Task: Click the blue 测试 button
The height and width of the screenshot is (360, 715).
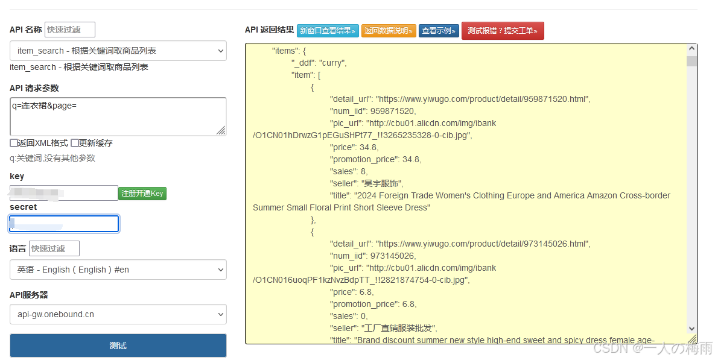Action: point(118,346)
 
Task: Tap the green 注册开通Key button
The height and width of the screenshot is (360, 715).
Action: point(142,194)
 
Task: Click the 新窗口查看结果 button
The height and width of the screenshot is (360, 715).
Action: point(328,31)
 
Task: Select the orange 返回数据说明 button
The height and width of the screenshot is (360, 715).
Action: point(389,31)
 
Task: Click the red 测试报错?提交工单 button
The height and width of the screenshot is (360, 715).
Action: point(502,31)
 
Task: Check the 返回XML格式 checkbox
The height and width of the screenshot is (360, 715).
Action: point(14,144)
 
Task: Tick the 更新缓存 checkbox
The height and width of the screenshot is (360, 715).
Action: point(75,144)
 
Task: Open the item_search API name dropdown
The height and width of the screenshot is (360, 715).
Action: point(118,51)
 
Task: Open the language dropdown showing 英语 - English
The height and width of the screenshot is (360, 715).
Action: point(118,270)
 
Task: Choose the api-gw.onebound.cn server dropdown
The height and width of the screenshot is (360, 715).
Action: point(118,314)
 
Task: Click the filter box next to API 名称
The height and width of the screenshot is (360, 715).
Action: point(69,30)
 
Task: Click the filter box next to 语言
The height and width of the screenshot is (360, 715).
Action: point(54,248)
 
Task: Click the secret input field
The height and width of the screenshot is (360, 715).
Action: point(64,224)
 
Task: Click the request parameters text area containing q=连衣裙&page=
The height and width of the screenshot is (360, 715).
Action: point(118,116)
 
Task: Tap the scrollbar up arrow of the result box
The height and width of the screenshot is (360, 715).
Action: point(691,49)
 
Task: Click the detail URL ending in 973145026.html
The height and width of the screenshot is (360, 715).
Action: point(482,244)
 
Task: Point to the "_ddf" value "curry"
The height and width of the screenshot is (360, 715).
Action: point(332,63)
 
